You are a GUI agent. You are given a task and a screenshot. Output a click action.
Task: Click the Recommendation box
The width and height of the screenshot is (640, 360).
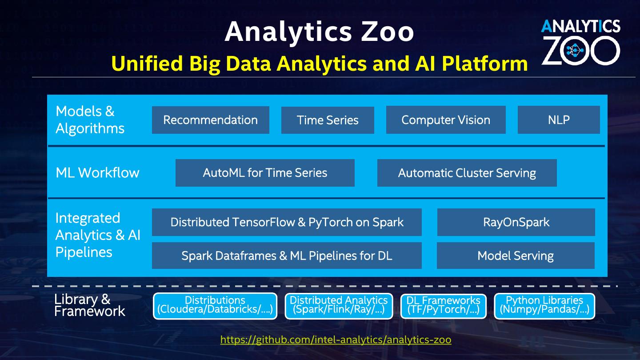(210, 120)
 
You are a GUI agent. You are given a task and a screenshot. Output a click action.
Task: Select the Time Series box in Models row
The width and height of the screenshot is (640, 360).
(328, 120)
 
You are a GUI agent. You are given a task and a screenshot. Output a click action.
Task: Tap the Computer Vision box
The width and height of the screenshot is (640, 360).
(446, 120)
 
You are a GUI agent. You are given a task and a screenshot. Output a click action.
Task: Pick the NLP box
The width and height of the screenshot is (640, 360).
(559, 120)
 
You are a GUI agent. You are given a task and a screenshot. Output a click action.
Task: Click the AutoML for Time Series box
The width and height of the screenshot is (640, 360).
(265, 173)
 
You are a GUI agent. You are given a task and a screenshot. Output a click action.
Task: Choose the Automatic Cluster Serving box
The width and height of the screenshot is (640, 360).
(467, 173)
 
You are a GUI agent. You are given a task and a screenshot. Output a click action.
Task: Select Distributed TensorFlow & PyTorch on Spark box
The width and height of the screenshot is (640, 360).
(287, 222)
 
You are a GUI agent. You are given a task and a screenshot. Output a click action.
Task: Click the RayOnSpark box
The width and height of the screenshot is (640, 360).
(516, 222)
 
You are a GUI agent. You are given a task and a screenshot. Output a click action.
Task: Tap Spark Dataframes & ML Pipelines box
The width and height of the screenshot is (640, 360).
(287, 256)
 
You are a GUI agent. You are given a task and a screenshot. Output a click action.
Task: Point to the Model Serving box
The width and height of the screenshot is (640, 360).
(516, 256)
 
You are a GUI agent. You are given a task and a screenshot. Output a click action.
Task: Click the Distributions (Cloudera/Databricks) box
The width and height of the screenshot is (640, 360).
(215, 305)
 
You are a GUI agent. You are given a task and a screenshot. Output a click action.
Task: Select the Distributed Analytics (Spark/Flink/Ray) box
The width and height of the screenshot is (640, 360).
(339, 305)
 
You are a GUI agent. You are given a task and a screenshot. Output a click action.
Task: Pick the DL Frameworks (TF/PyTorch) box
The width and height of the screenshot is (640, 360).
(444, 305)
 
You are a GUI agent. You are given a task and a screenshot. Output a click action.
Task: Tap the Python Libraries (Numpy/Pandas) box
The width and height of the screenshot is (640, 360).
(544, 305)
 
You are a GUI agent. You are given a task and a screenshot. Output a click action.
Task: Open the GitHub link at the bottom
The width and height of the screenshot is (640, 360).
(336, 340)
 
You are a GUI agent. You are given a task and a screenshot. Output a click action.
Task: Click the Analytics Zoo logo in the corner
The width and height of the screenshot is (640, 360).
(580, 42)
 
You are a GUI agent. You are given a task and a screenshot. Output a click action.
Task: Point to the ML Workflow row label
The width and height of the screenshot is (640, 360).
(97, 173)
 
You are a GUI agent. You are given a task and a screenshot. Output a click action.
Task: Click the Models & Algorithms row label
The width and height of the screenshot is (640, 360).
(90, 120)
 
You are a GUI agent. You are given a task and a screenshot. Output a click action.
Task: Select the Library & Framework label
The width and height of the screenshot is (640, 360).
(89, 305)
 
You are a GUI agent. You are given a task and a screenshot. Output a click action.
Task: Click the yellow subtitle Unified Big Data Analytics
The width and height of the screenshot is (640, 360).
(319, 64)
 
